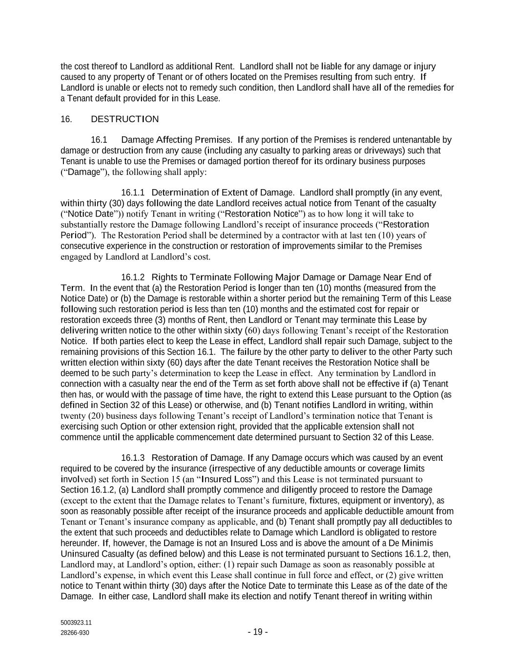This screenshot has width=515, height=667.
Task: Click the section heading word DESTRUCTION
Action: [124, 119]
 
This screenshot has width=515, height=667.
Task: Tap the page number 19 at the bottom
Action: [257, 632]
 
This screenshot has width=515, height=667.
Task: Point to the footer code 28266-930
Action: [75, 633]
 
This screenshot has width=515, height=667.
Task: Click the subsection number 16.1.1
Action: [133, 193]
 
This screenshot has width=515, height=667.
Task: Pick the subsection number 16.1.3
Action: [133, 458]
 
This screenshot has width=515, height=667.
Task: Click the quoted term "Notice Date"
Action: [90, 214]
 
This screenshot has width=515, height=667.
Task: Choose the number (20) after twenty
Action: [96, 416]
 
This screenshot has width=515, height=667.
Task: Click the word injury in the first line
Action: [424, 66]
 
